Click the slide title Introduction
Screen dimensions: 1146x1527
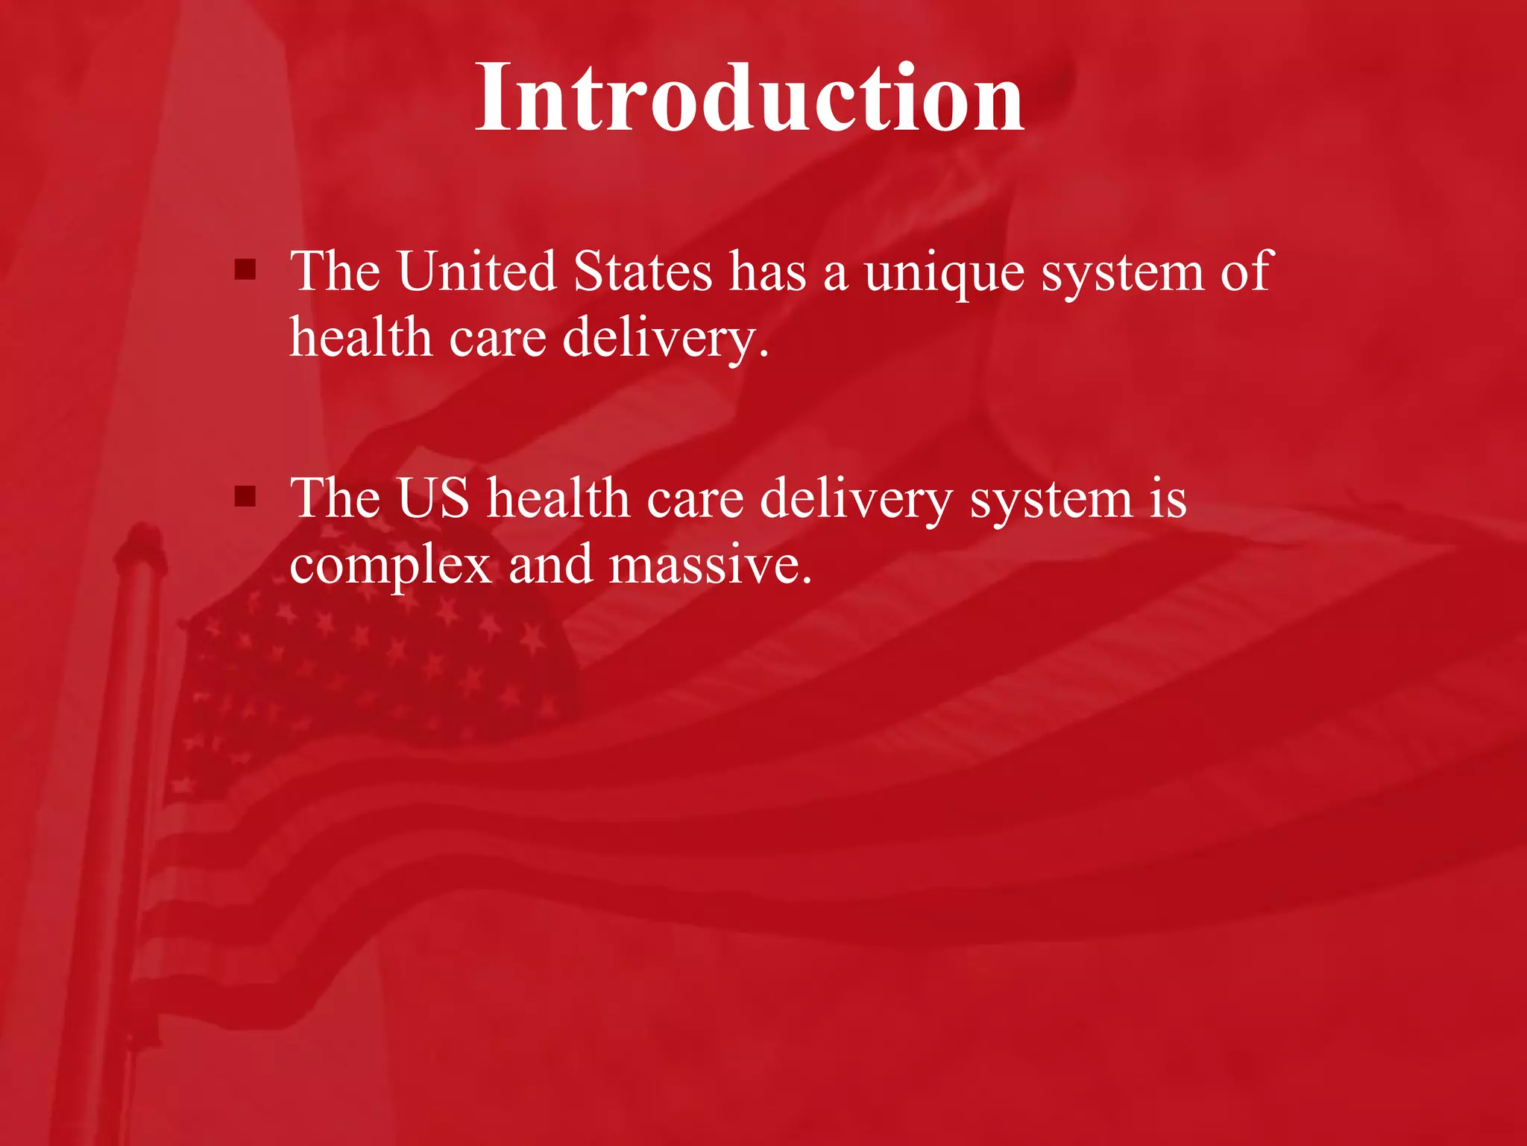[749, 98]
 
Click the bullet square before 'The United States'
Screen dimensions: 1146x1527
[245, 269]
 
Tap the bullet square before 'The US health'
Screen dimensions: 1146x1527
[245, 496]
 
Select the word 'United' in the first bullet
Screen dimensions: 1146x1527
[477, 271]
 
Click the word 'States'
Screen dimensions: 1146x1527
[643, 271]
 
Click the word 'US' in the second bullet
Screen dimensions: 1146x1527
[433, 498]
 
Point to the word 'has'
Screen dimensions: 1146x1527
[768, 271]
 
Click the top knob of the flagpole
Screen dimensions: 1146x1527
[142, 539]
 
